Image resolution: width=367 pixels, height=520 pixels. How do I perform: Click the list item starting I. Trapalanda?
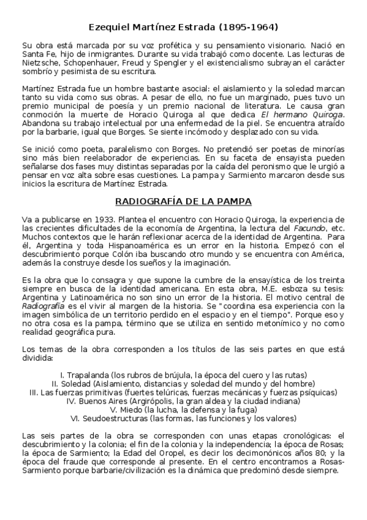(183, 375)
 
